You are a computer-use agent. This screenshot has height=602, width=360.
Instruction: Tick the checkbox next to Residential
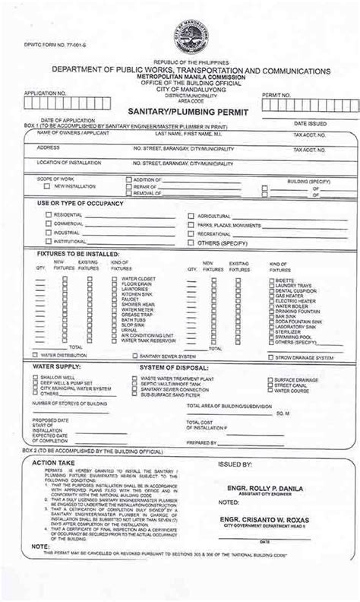point(48,215)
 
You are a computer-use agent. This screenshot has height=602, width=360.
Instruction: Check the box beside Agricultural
point(190,216)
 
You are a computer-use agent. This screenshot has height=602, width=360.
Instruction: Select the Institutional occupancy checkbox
point(48,242)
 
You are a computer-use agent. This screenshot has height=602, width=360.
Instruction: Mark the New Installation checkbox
point(47,186)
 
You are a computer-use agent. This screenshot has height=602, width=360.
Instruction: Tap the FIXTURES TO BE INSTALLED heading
point(77,253)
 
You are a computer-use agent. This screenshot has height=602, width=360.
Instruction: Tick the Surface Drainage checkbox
point(270,379)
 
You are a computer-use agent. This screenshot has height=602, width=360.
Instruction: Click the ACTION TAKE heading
point(54,461)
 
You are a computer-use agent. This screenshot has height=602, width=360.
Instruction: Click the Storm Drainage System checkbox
point(270,356)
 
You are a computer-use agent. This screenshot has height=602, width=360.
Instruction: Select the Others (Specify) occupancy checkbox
point(190,242)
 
